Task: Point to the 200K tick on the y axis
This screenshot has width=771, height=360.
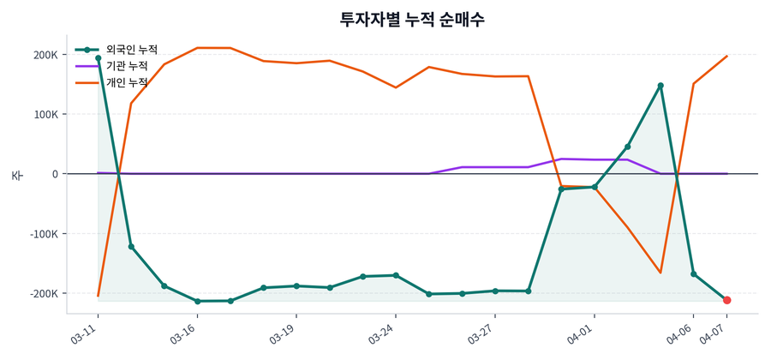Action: tap(45, 55)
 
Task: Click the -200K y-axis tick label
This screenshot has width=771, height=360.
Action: tap(44, 293)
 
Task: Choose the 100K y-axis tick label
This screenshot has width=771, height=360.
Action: tap(45, 114)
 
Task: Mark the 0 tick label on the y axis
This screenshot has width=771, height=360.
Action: tap(54, 174)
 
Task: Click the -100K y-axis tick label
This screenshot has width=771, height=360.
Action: tap(44, 234)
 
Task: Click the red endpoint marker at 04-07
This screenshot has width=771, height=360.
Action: tap(726, 300)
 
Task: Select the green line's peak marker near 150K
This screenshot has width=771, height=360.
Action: tap(660, 86)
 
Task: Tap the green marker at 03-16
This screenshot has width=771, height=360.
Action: tap(197, 301)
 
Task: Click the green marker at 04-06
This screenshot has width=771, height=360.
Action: tap(694, 274)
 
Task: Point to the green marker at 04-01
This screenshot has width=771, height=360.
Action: tap(595, 187)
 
